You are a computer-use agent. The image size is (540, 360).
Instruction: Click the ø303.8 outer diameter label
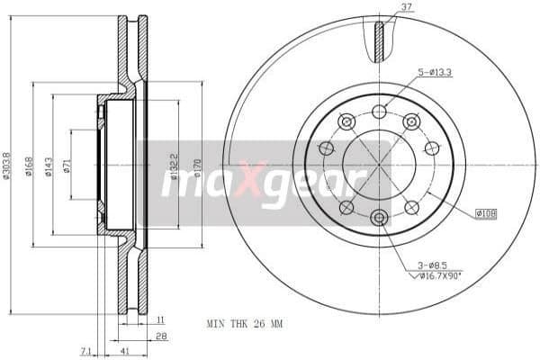click(7, 165)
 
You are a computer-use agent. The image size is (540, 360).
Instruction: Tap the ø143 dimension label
click(50, 166)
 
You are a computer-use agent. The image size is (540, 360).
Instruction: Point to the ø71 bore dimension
click(69, 167)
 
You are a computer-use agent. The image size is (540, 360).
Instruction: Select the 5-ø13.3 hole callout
click(434, 73)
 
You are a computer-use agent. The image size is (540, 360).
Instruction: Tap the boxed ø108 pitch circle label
click(486, 213)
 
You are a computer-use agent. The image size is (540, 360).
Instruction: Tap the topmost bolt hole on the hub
click(379, 112)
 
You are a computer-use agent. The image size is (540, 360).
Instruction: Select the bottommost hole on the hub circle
click(379, 217)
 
